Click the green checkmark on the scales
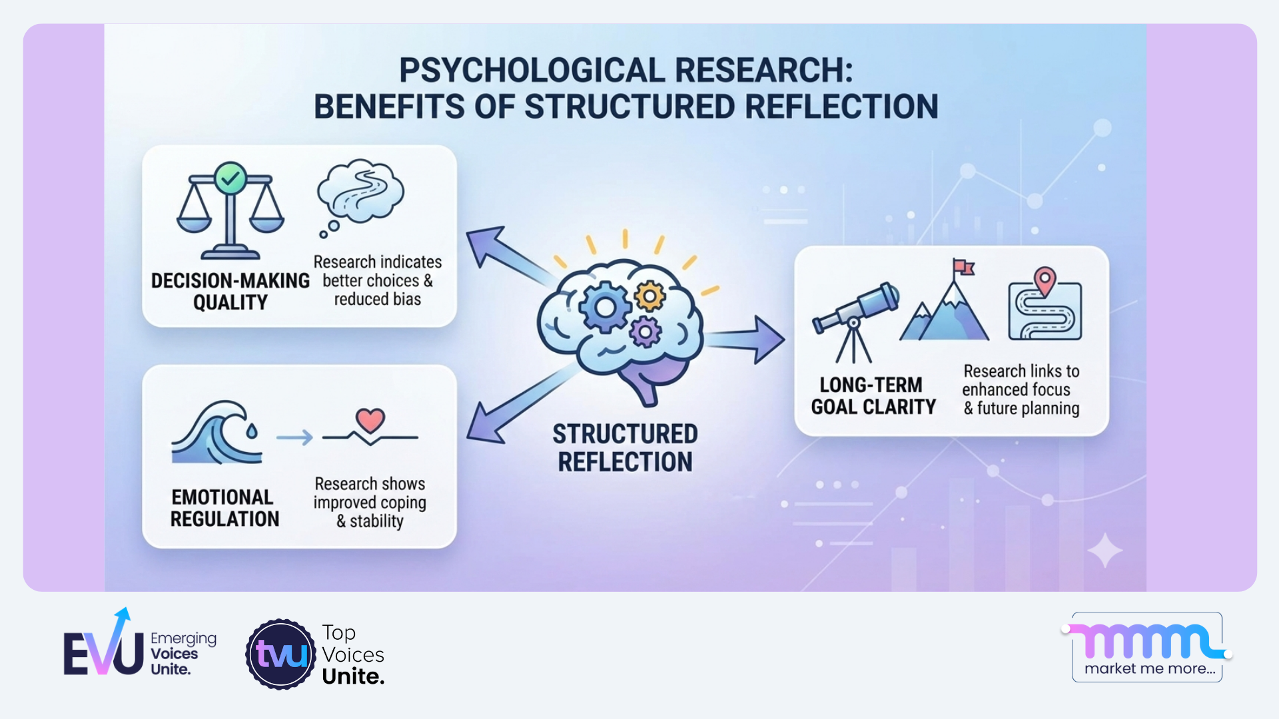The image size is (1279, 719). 230,178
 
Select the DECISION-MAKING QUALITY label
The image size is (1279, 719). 230,292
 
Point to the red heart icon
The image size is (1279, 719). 370,420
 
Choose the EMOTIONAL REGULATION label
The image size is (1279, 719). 224,508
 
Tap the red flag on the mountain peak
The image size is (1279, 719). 963,267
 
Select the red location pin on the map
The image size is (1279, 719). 1045,280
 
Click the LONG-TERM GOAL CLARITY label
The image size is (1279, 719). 873,396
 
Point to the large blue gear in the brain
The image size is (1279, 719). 605,308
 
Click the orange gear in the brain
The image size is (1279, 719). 649,296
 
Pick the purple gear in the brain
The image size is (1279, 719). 645,332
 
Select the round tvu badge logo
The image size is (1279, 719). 281,654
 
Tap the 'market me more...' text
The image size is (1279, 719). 1150,668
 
